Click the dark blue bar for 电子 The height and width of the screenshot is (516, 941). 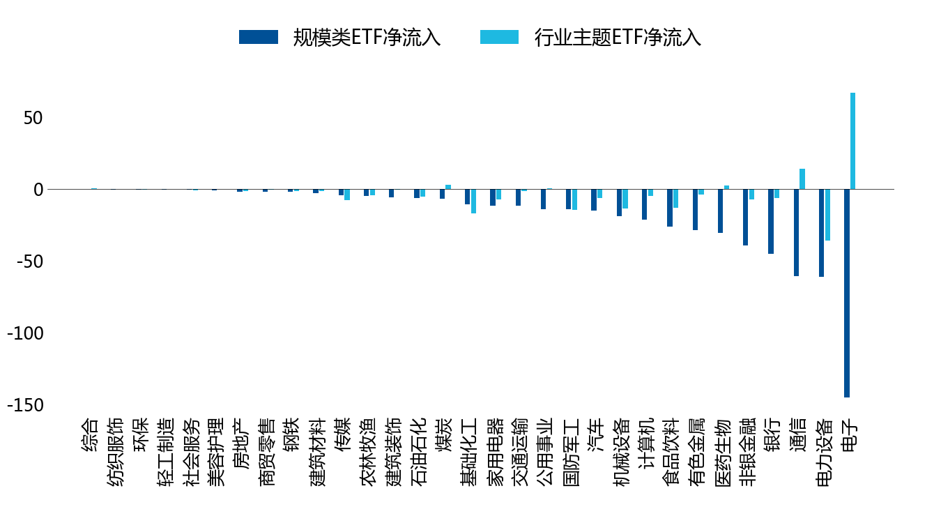click(846, 293)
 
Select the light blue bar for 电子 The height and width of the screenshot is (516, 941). click(852, 141)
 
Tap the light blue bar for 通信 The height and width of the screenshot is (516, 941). click(802, 179)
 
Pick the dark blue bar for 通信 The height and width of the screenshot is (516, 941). click(796, 232)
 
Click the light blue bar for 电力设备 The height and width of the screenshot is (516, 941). click(827, 215)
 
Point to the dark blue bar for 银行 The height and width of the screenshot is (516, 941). click(771, 222)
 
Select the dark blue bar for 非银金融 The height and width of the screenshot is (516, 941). click(745, 218)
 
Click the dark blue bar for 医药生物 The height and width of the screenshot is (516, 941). click(720, 211)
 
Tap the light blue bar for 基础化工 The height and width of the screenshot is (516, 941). click(473, 202)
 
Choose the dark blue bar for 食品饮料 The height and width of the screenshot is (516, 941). click(670, 208)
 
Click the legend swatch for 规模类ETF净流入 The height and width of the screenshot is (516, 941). click(259, 37)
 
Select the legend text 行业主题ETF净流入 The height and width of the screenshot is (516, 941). click(618, 37)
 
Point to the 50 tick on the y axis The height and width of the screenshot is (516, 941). click(33, 118)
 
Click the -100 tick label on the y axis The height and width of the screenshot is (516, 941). click(25, 333)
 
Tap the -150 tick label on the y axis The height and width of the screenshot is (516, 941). click(25, 406)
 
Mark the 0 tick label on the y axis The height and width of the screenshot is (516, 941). click(38, 190)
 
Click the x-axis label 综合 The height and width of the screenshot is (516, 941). click(90, 435)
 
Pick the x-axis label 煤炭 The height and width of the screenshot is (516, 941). click(443, 435)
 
